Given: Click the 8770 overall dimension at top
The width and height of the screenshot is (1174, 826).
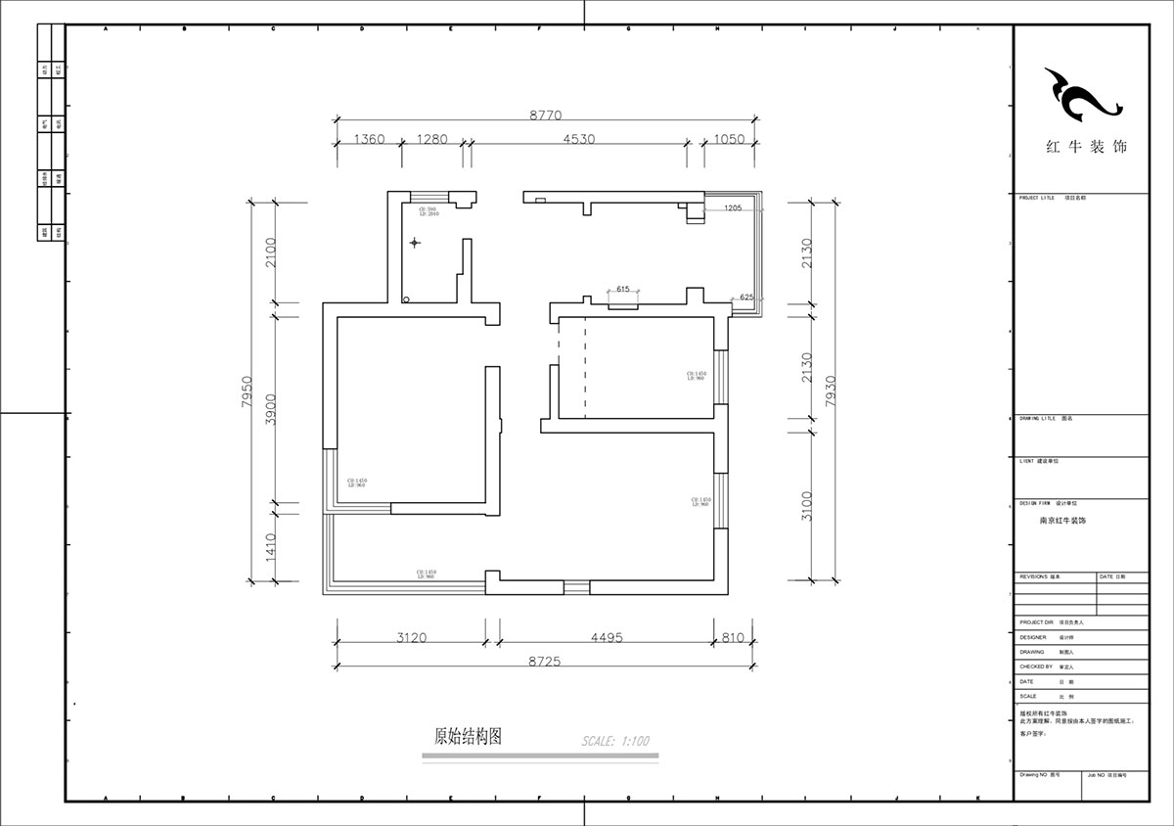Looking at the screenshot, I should tap(546, 115).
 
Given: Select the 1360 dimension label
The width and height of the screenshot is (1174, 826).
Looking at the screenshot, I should tap(368, 140).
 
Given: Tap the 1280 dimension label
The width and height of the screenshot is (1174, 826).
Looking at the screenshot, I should tap(431, 140).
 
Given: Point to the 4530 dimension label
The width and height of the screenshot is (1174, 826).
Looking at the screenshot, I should tap(578, 140).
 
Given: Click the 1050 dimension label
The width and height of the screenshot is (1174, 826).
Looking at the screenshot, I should tap(728, 140).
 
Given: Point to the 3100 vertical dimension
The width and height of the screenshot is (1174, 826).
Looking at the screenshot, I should tap(807, 505).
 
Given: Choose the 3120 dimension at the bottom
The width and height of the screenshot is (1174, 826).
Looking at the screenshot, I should tap(411, 638).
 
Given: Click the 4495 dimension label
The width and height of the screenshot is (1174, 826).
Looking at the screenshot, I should tap(606, 638).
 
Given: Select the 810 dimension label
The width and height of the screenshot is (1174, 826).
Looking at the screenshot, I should tap(733, 638).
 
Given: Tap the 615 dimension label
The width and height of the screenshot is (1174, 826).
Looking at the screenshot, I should tap(622, 290).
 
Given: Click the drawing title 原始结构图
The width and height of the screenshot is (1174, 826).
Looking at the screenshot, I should tap(468, 737).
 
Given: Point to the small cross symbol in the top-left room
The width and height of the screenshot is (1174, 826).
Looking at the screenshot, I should tap(415, 242).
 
